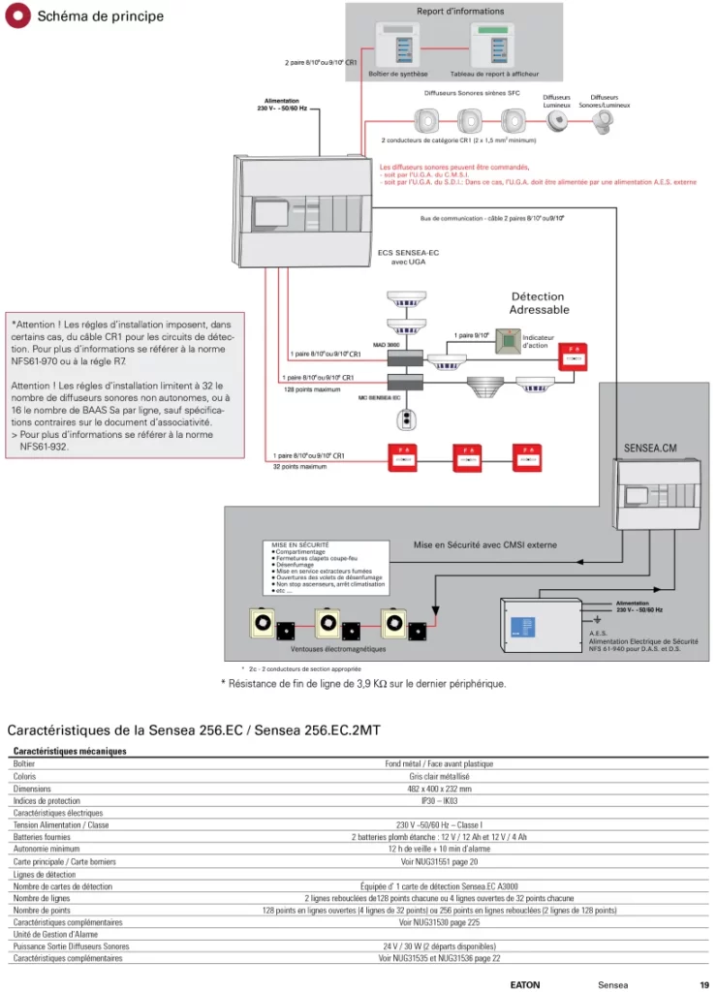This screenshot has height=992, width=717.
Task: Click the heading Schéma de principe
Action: click(x=100, y=16)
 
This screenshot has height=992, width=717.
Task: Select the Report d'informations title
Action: click(x=460, y=12)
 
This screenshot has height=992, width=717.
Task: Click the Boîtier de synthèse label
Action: click(x=397, y=74)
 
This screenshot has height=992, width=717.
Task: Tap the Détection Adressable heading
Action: click(x=539, y=303)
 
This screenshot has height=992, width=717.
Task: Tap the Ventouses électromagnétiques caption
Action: click(x=338, y=649)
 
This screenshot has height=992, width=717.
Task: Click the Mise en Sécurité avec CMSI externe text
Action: click(x=484, y=545)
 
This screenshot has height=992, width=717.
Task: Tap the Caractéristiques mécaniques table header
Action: click(x=70, y=751)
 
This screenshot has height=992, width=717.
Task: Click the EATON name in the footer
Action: click(x=525, y=984)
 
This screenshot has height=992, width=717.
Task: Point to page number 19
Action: click(x=703, y=984)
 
